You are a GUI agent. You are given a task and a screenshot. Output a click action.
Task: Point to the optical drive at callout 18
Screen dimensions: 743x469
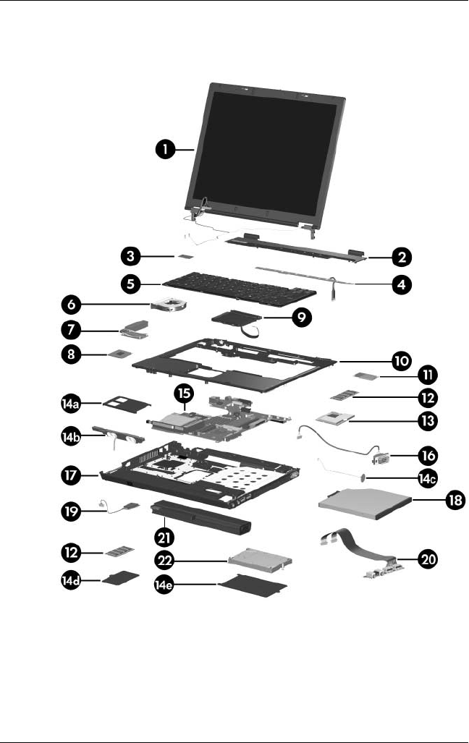pyautogui.click(x=362, y=501)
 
